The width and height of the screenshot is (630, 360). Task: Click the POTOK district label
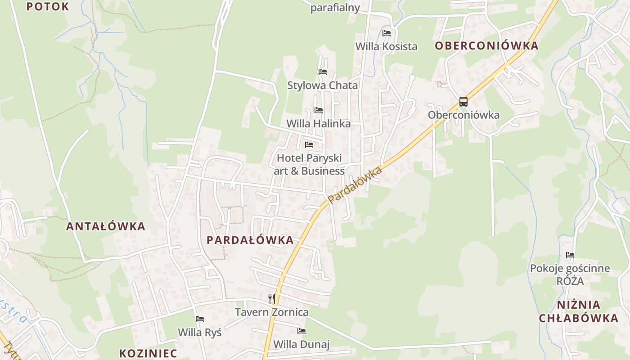(x=47, y=7)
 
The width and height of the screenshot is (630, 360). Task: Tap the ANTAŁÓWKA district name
(x=106, y=226)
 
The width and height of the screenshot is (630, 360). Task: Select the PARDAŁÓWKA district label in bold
(x=250, y=240)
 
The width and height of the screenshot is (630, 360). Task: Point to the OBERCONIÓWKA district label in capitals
(x=486, y=46)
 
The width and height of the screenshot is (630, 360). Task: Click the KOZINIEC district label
(x=148, y=353)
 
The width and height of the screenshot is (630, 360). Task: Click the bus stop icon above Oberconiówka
(x=463, y=101)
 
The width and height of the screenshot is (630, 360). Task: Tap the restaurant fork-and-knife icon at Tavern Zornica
(x=271, y=298)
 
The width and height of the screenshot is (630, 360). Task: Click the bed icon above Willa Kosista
(x=386, y=33)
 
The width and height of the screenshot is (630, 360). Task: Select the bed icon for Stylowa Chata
(x=322, y=72)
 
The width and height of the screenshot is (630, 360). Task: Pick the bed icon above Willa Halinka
(x=319, y=110)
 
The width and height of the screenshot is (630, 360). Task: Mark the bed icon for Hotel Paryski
(x=309, y=145)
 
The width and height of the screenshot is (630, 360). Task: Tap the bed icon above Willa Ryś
(x=200, y=319)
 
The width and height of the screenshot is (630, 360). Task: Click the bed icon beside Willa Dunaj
(x=301, y=331)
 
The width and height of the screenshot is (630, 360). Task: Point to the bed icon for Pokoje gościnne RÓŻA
(x=570, y=255)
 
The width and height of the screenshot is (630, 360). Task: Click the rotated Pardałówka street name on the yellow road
(x=355, y=184)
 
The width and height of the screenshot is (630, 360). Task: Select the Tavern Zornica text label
(x=272, y=312)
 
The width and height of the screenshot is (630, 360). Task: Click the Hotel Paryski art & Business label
(x=309, y=165)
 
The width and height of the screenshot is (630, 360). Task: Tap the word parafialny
(x=335, y=8)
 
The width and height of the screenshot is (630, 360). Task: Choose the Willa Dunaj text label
(x=301, y=345)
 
